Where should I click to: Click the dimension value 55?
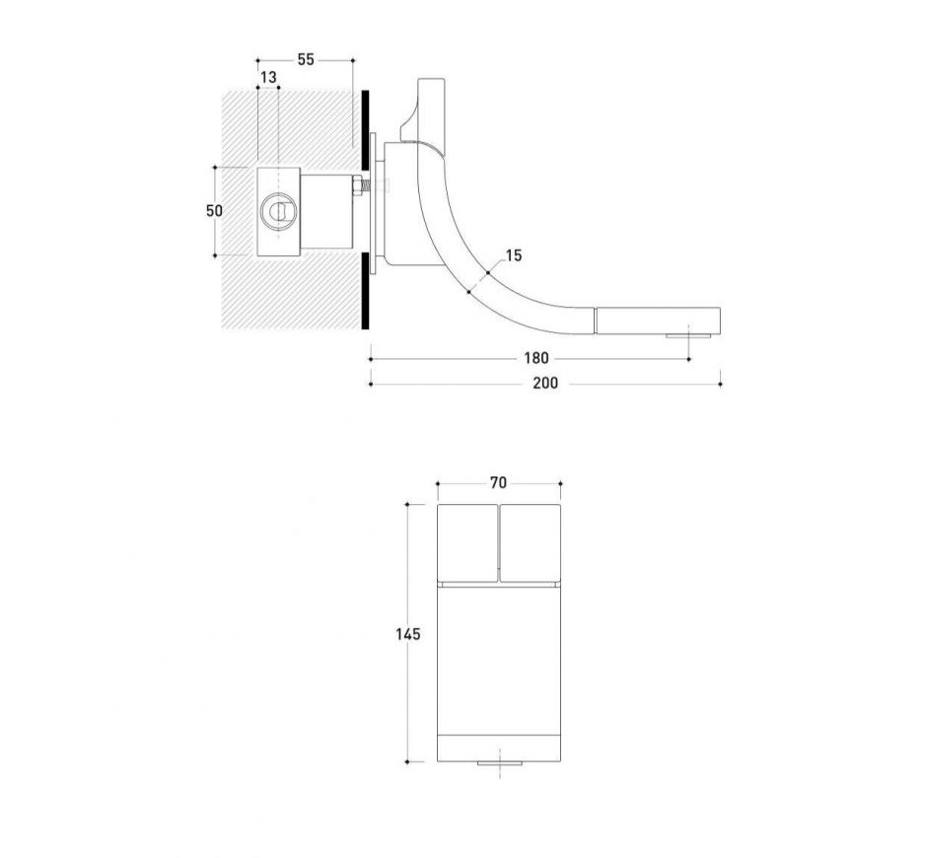(305, 60)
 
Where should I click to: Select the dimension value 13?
(268, 77)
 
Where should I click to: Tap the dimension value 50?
(214, 211)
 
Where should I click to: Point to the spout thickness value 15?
(514, 256)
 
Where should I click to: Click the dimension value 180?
(535, 359)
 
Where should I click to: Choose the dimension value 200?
(544, 383)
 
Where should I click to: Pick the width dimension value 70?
(498, 483)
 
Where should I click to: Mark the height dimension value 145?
(408, 634)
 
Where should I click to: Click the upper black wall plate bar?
(366, 128)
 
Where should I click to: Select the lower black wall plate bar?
(366, 290)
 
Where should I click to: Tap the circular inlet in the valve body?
(277, 211)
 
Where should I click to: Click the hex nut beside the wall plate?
(358, 184)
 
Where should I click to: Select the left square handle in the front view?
(467, 541)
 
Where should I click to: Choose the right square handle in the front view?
(531, 541)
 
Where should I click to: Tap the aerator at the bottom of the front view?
(500, 764)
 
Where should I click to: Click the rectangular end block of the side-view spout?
(657, 321)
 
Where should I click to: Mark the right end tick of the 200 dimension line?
(721, 383)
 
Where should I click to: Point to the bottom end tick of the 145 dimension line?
(408, 762)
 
